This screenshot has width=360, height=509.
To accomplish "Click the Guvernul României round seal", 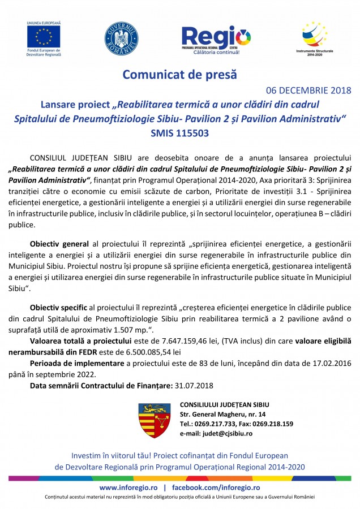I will [x=121, y=39].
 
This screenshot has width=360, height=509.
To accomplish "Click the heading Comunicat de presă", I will [x=180, y=74].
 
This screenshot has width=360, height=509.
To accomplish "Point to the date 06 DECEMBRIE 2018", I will [x=308, y=90].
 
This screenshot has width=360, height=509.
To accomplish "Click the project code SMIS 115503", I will [x=180, y=134].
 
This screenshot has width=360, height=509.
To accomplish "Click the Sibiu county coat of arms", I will [x=155, y=420].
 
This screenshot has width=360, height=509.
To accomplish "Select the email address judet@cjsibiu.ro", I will [x=225, y=433].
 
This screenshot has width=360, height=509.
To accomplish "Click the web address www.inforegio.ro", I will [x=128, y=488].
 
